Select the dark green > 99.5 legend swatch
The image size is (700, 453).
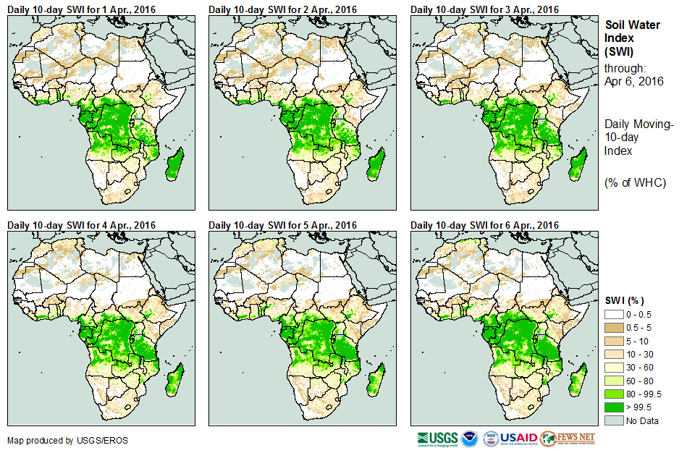pyautogui.click(x=615, y=407)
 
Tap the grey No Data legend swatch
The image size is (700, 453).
pyautogui.click(x=615, y=420)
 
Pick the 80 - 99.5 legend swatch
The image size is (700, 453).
pyautogui.click(x=615, y=394)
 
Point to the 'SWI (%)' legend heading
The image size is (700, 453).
pyautogui.click(x=625, y=300)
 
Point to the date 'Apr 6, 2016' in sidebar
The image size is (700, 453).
pyautogui.click(x=634, y=81)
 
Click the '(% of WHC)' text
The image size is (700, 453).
pyautogui.click(x=635, y=182)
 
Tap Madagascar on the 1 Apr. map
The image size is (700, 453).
pyautogui.click(x=174, y=163)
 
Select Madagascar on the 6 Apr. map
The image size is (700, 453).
pyautogui.click(x=577, y=380)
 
